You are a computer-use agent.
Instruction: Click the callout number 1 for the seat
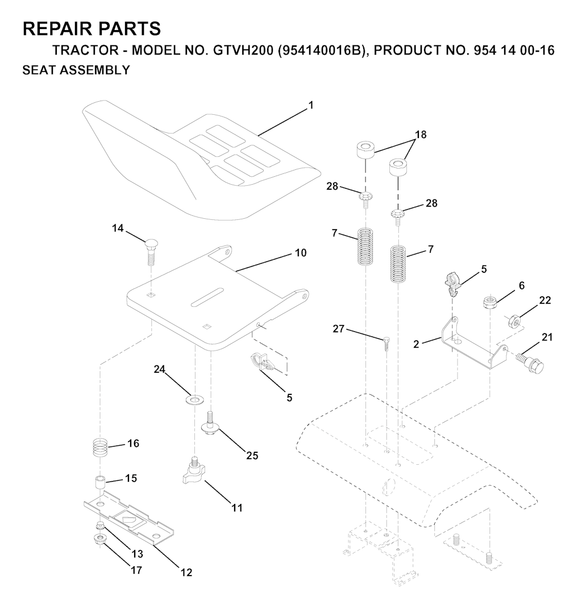coord(310,106)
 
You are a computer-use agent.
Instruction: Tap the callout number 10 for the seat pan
coord(301,253)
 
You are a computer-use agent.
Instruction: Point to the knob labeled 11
coord(193,472)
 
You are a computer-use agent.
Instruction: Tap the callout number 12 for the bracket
coord(186,572)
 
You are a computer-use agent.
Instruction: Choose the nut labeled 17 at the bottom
coord(99,539)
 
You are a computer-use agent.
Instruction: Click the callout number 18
coord(421,135)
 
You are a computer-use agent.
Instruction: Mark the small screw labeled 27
coord(386,344)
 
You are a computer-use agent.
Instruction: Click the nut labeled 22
coord(514,321)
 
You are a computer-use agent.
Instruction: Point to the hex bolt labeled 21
coord(530,361)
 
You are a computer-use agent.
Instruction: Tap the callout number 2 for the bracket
coord(416,344)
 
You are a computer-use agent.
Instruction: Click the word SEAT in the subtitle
coord(39,70)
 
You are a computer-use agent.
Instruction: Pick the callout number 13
coord(138,554)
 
